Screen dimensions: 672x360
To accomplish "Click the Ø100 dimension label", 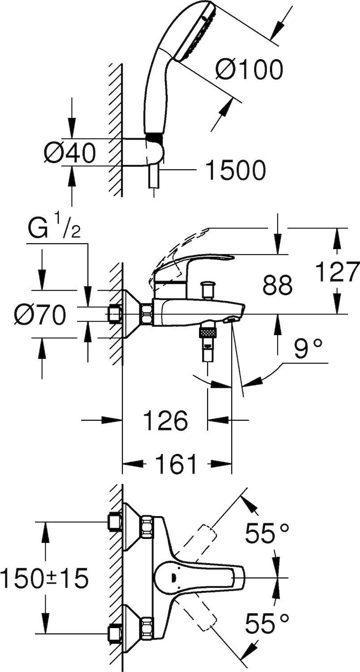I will coord(249,69).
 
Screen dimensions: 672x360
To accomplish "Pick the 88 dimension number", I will coord(278,285).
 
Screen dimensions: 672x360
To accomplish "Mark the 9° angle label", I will coord(309,349).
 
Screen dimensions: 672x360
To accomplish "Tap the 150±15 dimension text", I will coord(44,579).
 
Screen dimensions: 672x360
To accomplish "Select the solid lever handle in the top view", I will coord(200,578).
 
